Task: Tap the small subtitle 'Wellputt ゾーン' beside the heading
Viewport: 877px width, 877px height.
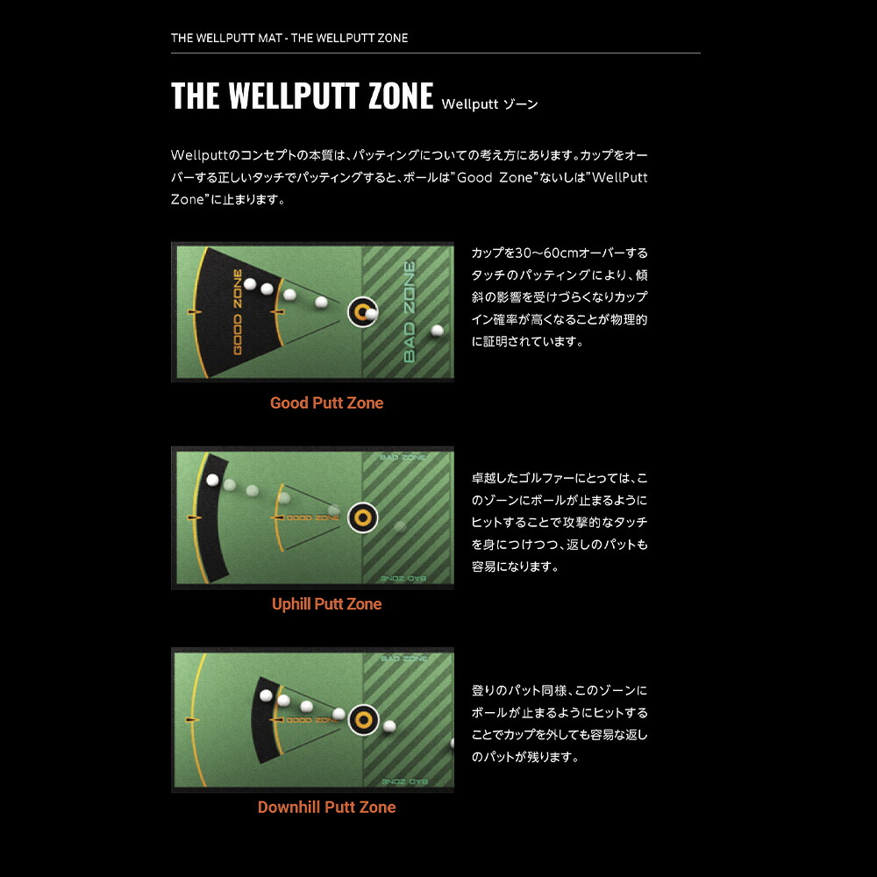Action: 489,104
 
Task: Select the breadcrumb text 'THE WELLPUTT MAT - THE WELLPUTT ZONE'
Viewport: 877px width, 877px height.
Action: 289,39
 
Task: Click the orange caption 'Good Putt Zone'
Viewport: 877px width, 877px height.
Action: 326,403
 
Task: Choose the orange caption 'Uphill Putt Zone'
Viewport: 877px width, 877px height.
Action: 326,604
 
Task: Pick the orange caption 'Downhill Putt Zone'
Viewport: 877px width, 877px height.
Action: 326,808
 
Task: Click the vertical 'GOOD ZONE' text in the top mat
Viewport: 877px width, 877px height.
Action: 237,312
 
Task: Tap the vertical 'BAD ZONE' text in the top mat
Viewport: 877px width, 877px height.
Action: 409,312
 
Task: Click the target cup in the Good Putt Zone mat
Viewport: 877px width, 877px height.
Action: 361,311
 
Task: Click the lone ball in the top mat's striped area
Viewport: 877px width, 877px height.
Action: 437,331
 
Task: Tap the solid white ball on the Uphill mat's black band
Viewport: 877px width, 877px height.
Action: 211,480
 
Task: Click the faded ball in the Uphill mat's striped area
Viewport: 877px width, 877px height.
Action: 400,526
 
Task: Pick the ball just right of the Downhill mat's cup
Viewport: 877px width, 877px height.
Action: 389,725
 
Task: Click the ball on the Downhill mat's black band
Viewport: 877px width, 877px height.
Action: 266,695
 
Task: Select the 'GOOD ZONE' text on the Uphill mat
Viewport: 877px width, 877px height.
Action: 313,518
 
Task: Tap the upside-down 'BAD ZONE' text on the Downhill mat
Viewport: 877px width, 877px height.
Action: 405,779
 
